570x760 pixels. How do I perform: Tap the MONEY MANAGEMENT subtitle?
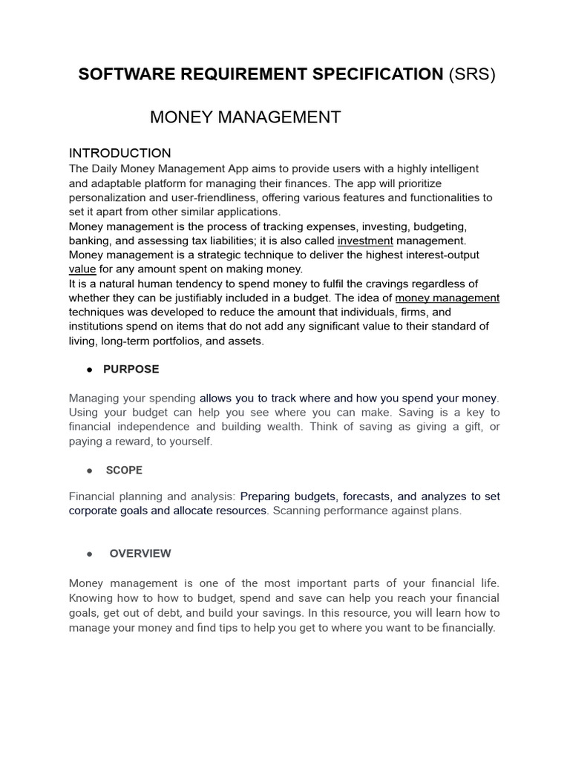(246, 117)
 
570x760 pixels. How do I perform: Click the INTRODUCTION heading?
(120, 154)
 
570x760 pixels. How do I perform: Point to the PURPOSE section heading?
(131, 369)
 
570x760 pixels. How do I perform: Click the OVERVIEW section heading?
(140, 553)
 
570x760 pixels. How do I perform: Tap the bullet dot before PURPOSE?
(89, 370)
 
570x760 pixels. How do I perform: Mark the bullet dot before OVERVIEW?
(89, 554)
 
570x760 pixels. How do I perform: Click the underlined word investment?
(365, 240)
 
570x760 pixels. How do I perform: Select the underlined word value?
(82, 269)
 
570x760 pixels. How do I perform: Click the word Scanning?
(295, 511)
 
